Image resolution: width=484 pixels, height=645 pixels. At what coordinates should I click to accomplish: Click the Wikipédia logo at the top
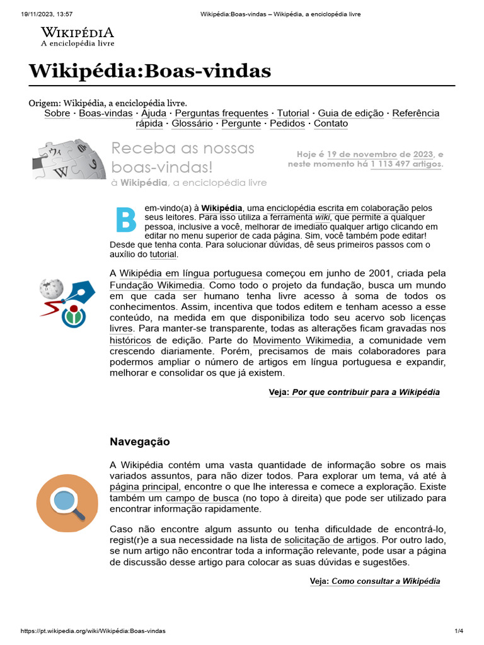[78, 37]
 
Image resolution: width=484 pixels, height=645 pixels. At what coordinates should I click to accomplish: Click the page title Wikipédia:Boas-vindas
[150, 71]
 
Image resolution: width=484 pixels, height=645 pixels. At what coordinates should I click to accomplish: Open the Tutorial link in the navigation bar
[293, 113]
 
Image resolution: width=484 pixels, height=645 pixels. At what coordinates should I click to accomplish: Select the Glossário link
[192, 123]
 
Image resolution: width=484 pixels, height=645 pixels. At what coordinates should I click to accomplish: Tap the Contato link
[331, 123]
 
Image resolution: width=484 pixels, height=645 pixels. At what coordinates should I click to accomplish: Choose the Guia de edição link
[350, 113]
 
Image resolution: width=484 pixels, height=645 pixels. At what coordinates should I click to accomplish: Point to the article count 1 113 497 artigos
[406, 164]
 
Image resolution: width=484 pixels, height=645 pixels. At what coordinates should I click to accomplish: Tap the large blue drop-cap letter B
[125, 219]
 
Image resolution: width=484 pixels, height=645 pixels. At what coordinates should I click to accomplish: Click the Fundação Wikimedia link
[157, 285]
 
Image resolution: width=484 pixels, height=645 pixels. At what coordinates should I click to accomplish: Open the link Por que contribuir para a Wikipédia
[366, 392]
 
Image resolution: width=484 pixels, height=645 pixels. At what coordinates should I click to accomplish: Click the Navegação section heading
[140, 442]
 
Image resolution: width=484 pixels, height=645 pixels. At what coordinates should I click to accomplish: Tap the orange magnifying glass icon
[67, 501]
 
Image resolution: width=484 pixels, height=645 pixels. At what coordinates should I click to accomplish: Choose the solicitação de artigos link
[331, 540]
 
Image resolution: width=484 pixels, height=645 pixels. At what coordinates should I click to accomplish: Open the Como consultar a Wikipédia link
[386, 581]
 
